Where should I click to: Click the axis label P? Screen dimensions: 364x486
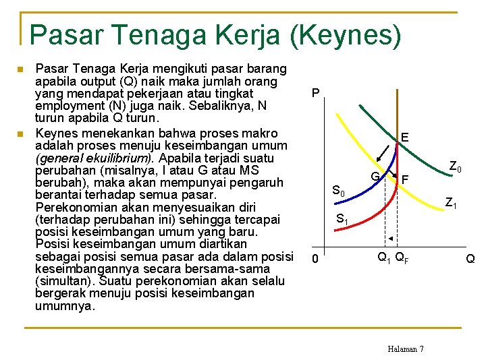pos(315,93)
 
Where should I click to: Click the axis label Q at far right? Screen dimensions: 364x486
pos(470,258)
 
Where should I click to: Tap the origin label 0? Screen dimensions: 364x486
pos(314,259)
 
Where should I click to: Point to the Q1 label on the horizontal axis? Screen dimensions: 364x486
pos(383,257)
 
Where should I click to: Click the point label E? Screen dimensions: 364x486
pos(404,138)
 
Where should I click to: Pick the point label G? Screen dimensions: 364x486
pos(375,176)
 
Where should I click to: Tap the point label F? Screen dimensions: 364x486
pos(405,179)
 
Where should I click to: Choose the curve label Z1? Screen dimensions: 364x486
pos(450,201)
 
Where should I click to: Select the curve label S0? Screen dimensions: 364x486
pos(338,192)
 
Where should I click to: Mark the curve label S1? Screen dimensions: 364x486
pos(342,219)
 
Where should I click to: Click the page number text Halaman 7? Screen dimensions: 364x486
pos(406,348)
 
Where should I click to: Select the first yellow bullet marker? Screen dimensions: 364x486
pos(21,69)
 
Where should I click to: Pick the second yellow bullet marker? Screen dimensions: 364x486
pos(21,133)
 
